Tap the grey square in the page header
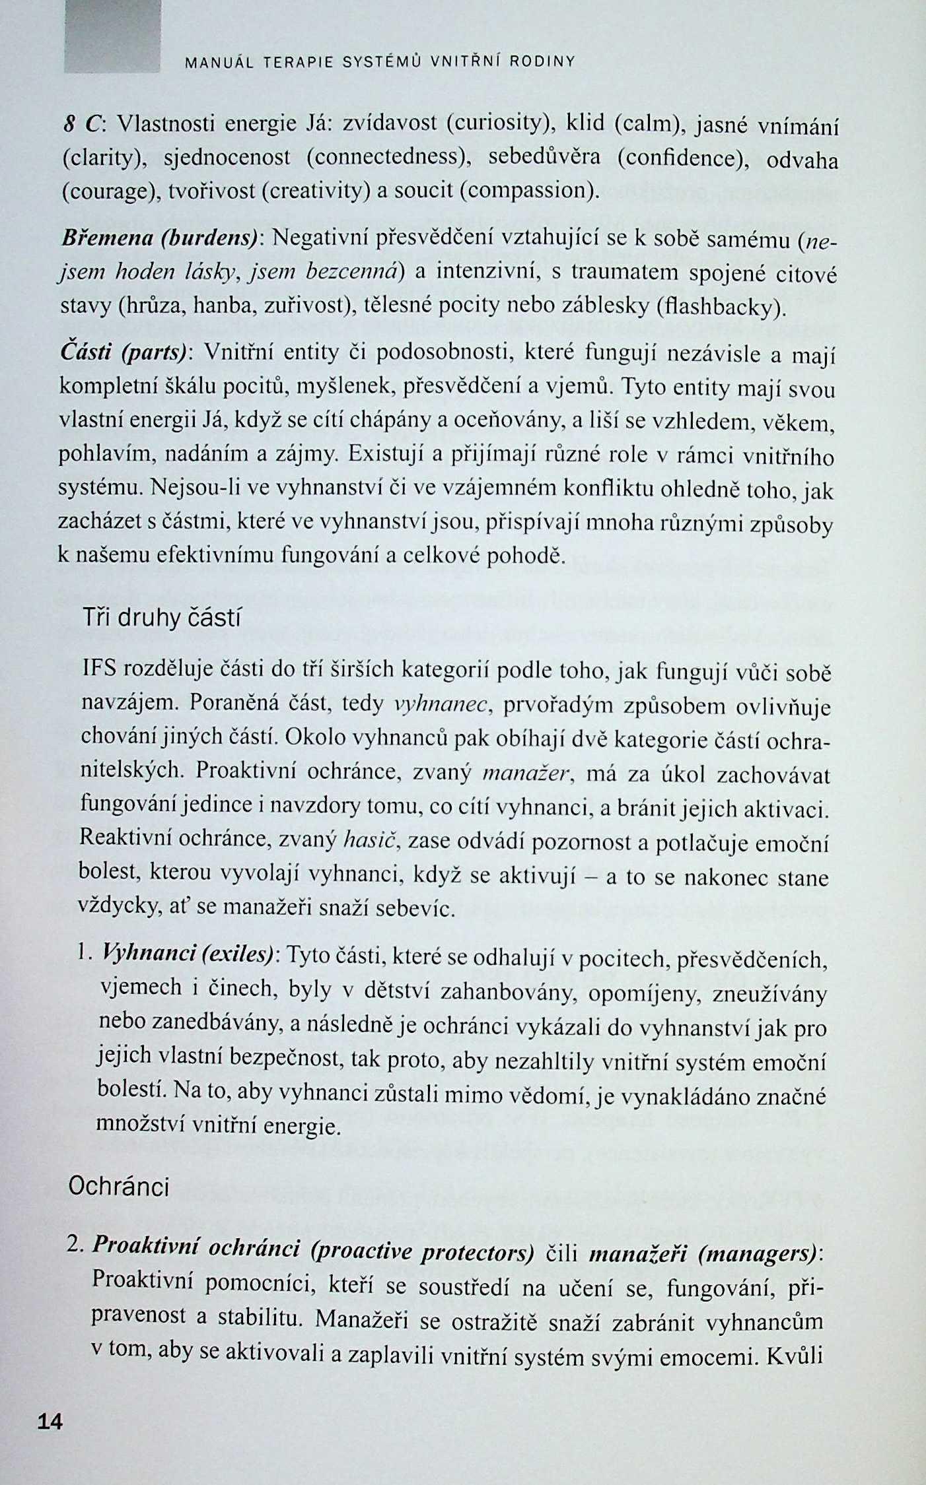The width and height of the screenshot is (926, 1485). (x=112, y=36)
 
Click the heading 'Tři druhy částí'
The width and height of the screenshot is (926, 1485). (x=162, y=618)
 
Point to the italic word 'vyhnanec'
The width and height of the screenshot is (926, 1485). (x=441, y=705)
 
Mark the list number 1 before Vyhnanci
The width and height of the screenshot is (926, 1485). (x=83, y=952)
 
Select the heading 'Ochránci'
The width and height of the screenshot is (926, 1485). (x=119, y=1187)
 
